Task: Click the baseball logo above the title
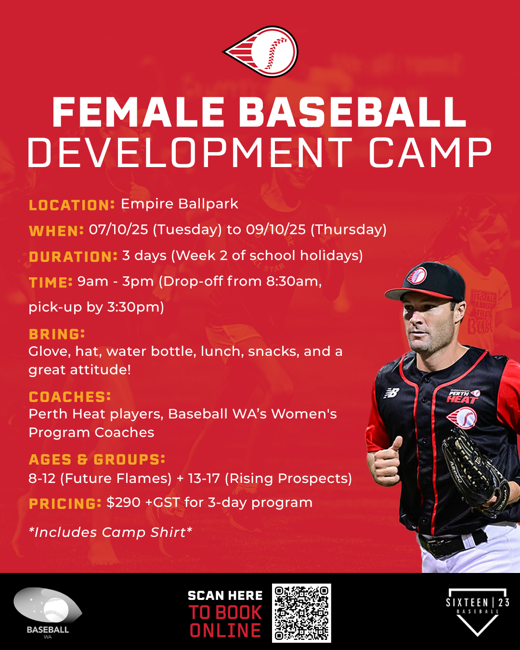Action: pyautogui.click(x=261, y=52)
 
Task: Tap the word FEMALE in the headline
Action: pyautogui.click(x=138, y=112)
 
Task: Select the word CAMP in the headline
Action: pyautogui.click(x=430, y=153)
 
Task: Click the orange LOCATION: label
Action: pyautogui.click(x=72, y=205)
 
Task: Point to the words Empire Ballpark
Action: pyautogui.click(x=180, y=204)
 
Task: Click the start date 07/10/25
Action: pyautogui.click(x=118, y=230)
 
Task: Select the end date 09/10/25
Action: pyautogui.click(x=275, y=230)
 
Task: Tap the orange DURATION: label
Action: pyautogui.click(x=73, y=257)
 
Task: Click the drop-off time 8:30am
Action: pyautogui.click(x=293, y=282)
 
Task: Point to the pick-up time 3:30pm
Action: pyautogui.click(x=135, y=307)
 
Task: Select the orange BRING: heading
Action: pyautogui.click(x=57, y=334)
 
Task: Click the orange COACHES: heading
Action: pyautogui.click(x=70, y=397)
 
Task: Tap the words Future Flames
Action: pyautogui.click(x=116, y=479)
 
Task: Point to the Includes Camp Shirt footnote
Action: pyautogui.click(x=110, y=532)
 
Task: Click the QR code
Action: pyautogui.click(x=301, y=613)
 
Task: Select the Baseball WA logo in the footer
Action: pyautogui.click(x=48, y=612)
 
